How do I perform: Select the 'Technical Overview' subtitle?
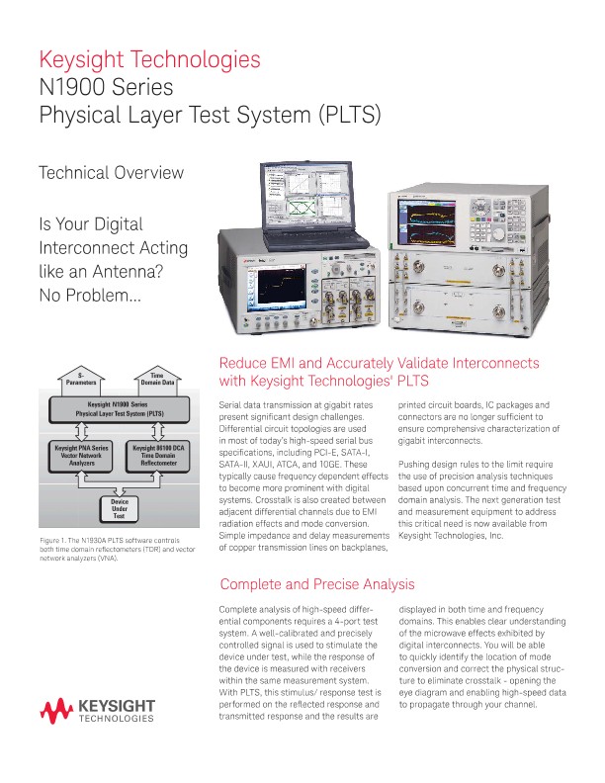click(111, 172)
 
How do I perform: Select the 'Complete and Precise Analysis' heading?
click(317, 584)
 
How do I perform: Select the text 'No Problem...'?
click(90, 295)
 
